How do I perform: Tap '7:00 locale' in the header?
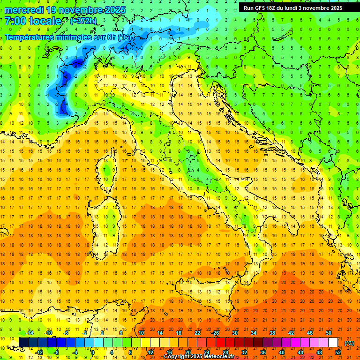[33, 21]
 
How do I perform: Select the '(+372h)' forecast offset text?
[84, 21]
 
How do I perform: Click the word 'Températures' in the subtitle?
[30, 37]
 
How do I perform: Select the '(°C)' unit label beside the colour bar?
[349, 343]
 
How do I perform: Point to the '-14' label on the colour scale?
[29, 333]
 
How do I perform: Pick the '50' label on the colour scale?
[328, 333]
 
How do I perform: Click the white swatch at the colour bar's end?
[333, 343]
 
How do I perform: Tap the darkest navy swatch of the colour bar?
[24, 343]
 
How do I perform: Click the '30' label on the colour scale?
[235, 333]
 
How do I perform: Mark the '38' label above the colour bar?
[272, 333]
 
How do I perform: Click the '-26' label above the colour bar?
[215, 333]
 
